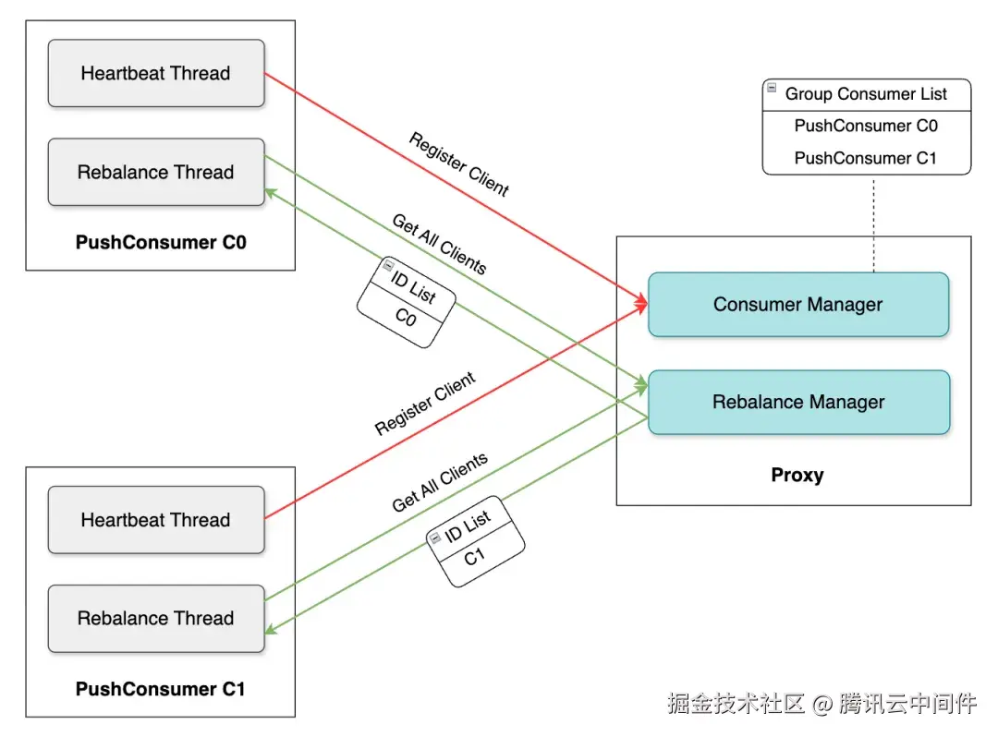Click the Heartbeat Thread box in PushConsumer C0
click(155, 73)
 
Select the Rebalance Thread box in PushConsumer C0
click(155, 172)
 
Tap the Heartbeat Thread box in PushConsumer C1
click(155, 520)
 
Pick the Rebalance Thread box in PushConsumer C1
click(155, 618)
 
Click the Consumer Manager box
click(797, 305)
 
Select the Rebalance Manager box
click(797, 402)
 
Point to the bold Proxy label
click(797, 476)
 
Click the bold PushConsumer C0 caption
click(161, 244)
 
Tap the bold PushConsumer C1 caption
click(161, 689)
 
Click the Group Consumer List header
click(866, 94)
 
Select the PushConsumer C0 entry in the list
click(866, 126)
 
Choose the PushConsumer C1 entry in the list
click(866, 158)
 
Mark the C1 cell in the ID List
click(475, 557)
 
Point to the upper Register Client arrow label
click(459, 164)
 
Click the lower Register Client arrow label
click(425, 404)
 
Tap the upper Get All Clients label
click(439, 244)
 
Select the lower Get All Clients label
click(440, 483)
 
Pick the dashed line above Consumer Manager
click(873, 222)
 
